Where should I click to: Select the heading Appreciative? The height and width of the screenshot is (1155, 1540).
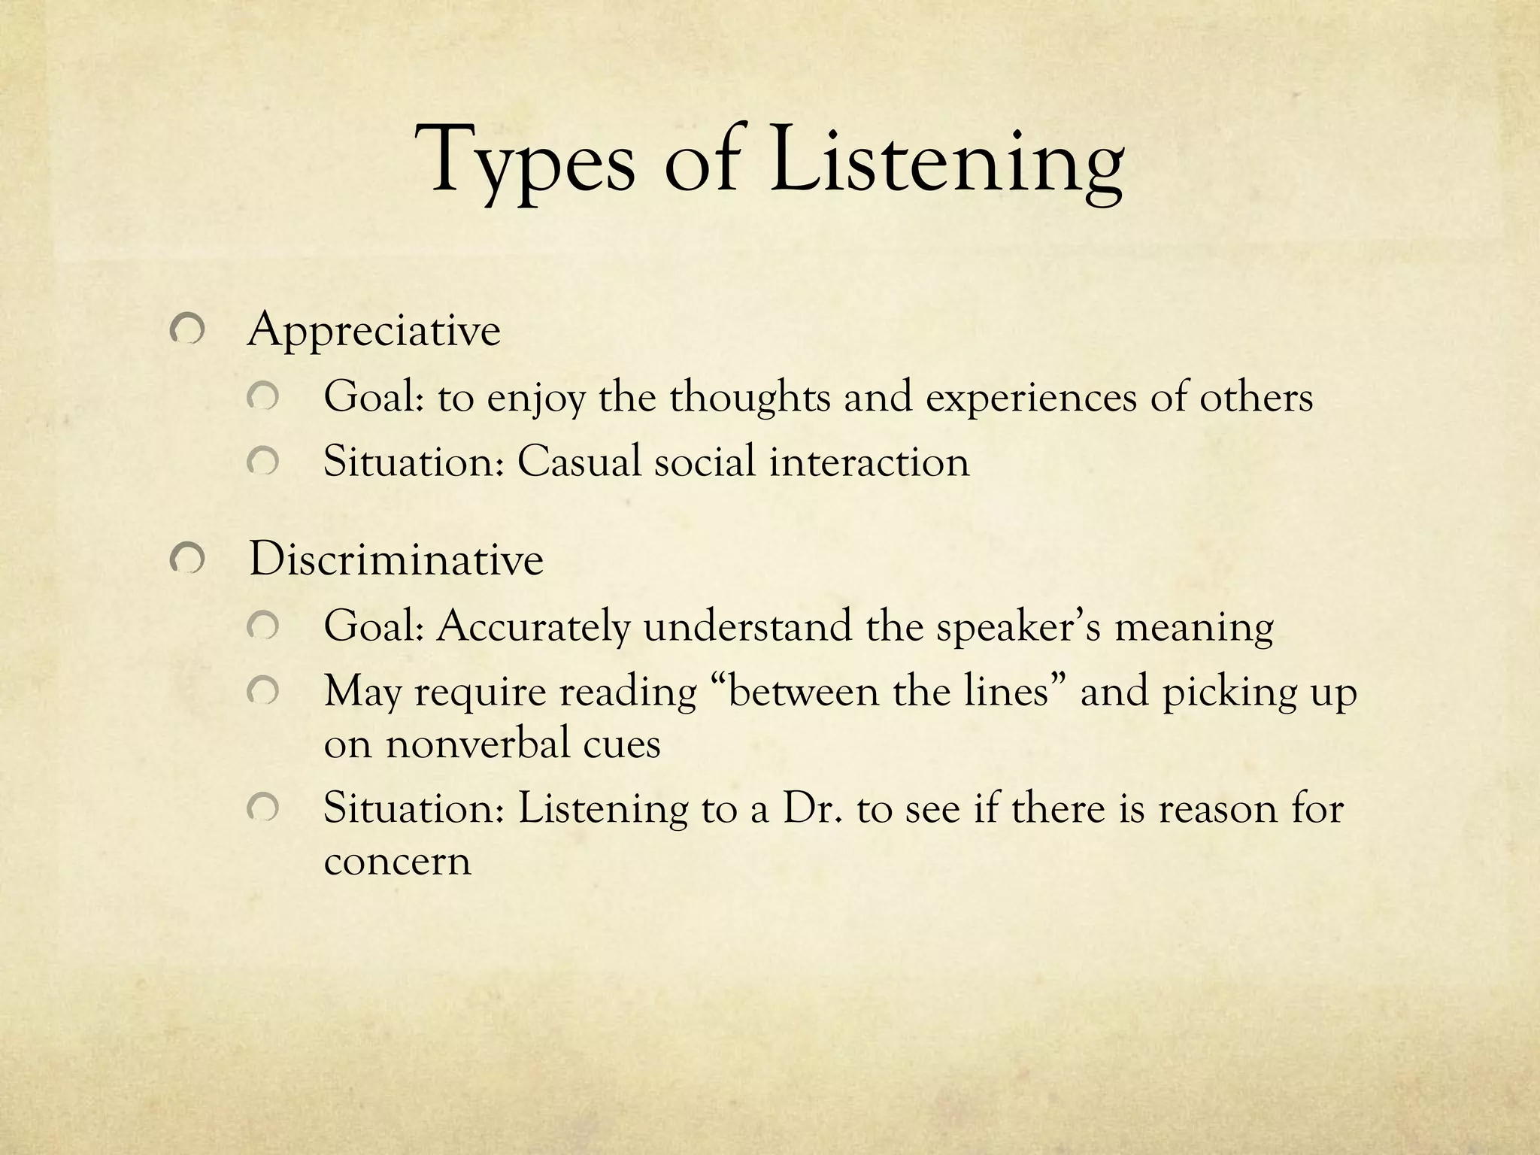point(374,331)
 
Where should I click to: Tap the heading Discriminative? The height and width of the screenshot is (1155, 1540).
point(396,560)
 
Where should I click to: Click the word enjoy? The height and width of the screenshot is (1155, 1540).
point(535,399)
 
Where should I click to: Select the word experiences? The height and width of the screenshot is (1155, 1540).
point(1031,399)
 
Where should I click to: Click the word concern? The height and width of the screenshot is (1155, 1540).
point(397,862)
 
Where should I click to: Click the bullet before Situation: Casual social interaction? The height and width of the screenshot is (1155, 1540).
point(263,462)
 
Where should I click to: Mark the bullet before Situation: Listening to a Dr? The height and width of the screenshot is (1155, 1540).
point(263,810)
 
